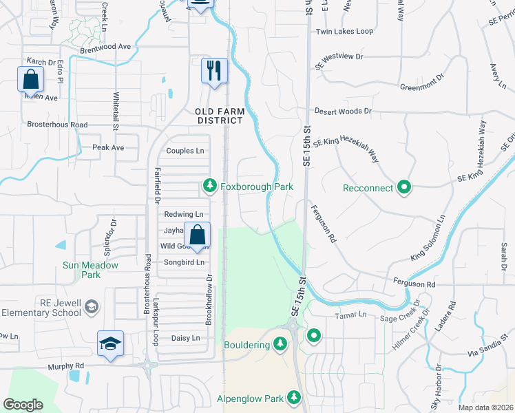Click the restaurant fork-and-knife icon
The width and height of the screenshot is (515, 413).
(x=214, y=70)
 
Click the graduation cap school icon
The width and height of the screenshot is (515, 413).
(x=110, y=343)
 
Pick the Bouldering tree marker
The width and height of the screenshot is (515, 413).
(x=280, y=343)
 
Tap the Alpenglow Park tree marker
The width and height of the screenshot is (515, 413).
(x=294, y=398)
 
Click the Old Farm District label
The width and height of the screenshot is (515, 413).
(x=219, y=116)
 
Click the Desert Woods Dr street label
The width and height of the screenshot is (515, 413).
(x=343, y=111)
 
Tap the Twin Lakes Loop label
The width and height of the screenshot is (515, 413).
(x=344, y=32)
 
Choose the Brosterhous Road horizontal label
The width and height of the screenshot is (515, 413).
(x=57, y=125)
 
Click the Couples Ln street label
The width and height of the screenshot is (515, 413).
(x=186, y=151)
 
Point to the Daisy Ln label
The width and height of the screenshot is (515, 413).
(x=185, y=338)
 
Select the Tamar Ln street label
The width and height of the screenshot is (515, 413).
(x=352, y=315)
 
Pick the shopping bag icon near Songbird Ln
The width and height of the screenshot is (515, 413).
(x=197, y=235)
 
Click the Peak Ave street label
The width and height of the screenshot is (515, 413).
(x=108, y=148)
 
